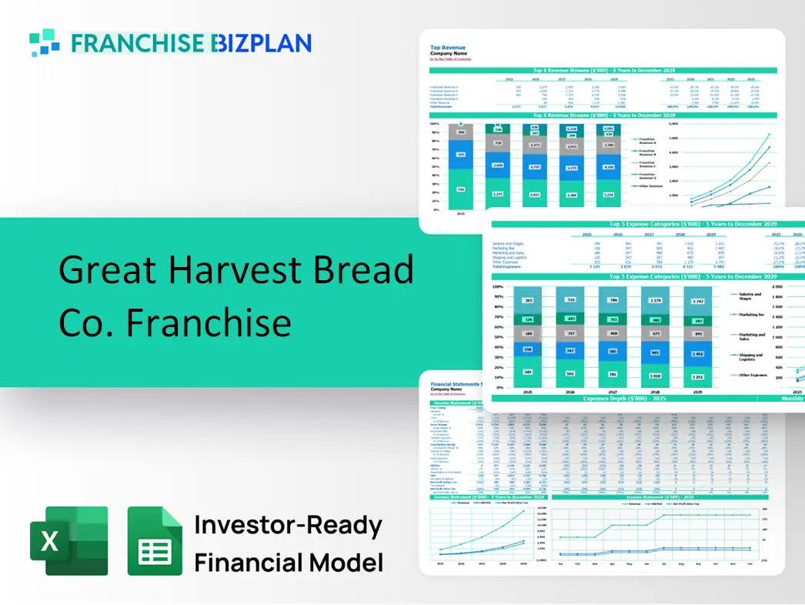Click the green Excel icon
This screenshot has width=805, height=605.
[x=68, y=540]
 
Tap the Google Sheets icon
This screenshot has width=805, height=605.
[x=155, y=540]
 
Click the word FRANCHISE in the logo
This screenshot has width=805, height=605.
[x=139, y=43]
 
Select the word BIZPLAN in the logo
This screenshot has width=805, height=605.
[x=262, y=43]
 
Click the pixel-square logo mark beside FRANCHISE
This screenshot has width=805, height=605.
[x=45, y=43]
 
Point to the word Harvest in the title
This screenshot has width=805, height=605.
[x=235, y=271]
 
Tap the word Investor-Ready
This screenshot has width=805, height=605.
[x=288, y=526]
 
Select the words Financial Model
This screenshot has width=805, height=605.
[x=288, y=563]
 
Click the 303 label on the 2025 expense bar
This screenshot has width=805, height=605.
[x=528, y=301]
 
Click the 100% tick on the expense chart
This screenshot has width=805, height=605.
[x=498, y=286]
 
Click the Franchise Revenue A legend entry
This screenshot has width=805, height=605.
[x=646, y=141]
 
